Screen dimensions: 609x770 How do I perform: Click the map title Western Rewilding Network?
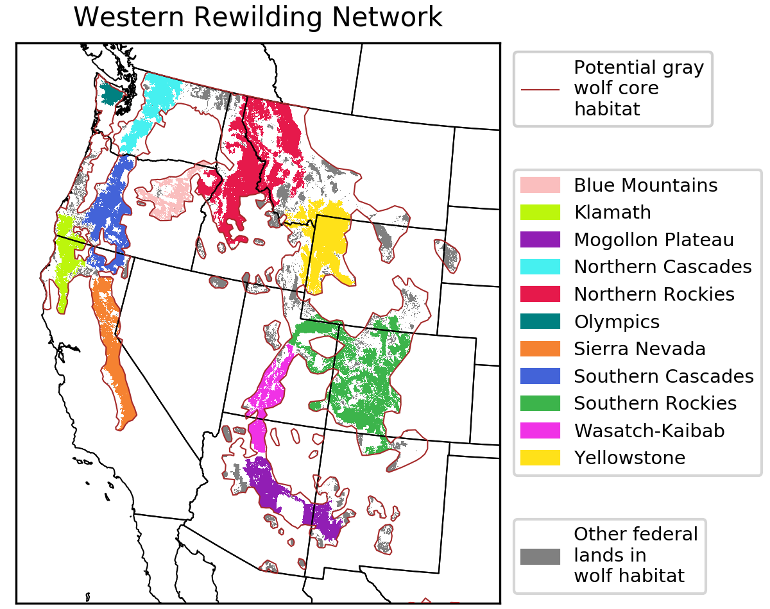pyautogui.click(x=258, y=17)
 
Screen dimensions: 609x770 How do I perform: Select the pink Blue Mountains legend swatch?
pyautogui.click(x=540, y=185)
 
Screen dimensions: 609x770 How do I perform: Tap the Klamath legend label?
pyautogui.click(x=612, y=212)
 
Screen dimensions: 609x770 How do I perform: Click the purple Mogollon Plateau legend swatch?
pyautogui.click(x=540, y=240)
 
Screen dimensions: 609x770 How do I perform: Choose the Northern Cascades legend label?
pyautogui.click(x=662, y=267)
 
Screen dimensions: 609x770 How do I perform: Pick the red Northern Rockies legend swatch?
pyautogui.click(x=540, y=294)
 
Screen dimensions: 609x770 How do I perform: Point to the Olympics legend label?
pyautogui.click(x=616, y=321)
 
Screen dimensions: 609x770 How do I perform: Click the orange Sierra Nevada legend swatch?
pyautogui.click(x=540, y=349)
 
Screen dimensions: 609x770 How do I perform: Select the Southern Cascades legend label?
pyautogui.click(x=663, y=376)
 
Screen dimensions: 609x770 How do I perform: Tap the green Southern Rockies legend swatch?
pyautogui.click(x=540, y=403)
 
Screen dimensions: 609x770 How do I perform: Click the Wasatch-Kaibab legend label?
pyautogui.click(x=649, y=430)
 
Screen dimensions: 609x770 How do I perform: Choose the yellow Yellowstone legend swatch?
pyautogui.click(x=540, y=458)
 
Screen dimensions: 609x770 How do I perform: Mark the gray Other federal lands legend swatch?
pyautogui.click(x=540, y=556)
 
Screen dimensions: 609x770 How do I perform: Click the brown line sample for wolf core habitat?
pyautogui.click(x=540, y=89)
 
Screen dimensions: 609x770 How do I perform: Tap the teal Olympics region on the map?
pyautogui.click(x=111, y=94)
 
